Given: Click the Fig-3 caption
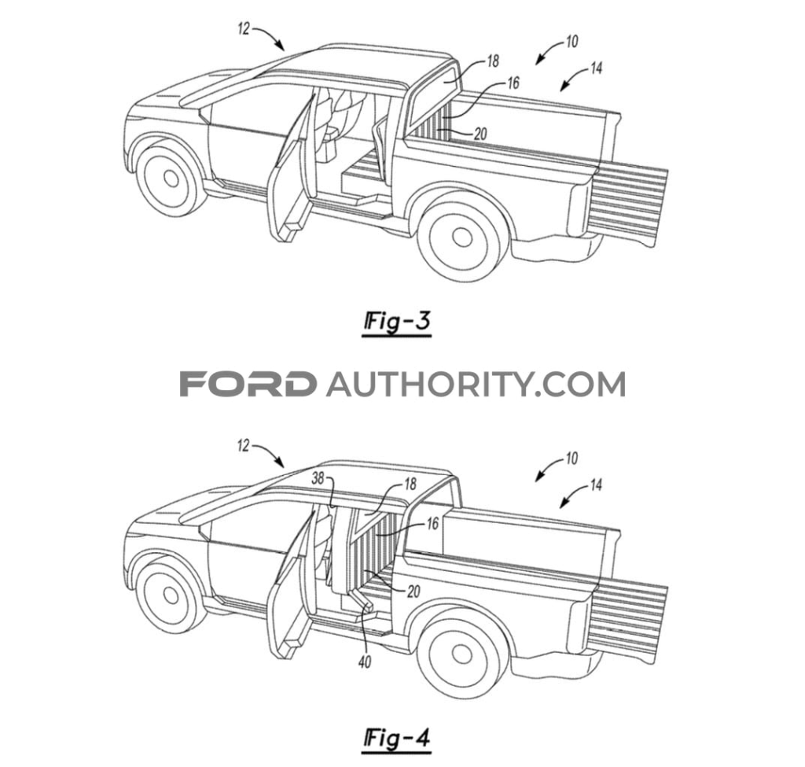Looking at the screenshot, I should click(397, 323).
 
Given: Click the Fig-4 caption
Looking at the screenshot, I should click(397, 738).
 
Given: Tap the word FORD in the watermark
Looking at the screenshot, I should click(248, 384).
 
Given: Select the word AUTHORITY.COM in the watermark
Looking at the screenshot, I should click(475, 384).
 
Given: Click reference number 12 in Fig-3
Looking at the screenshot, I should click(244, 30).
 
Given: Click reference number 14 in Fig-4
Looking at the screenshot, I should click(595, 485).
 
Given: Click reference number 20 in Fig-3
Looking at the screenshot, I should click(481, 135).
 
